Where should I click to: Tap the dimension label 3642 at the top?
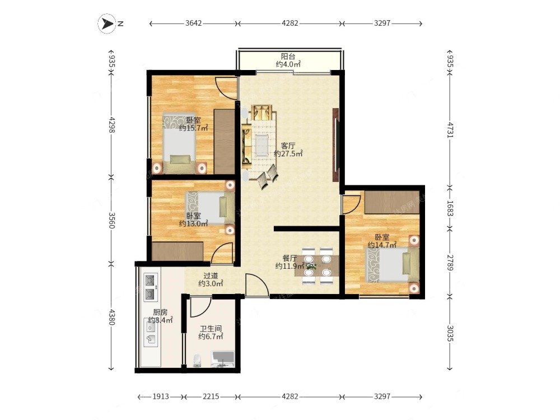click(194, 23)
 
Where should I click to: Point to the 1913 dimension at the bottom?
click(161, 396)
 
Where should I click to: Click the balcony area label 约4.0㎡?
click(288, 64)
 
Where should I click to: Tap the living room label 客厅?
click(288, 146)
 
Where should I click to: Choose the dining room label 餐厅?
click(290, 258)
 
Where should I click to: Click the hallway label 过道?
click(211, 276)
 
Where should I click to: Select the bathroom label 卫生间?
click(211, 329)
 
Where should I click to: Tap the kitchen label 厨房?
click(160, 312)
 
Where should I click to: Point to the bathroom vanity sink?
click(223, 359)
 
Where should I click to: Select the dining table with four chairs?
click(317, 265)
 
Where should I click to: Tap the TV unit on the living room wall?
click(335, 144)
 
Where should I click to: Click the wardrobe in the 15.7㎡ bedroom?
click(225, 142)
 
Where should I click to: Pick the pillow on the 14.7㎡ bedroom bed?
click(407, 263)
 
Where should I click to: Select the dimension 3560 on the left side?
click(111, 220)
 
